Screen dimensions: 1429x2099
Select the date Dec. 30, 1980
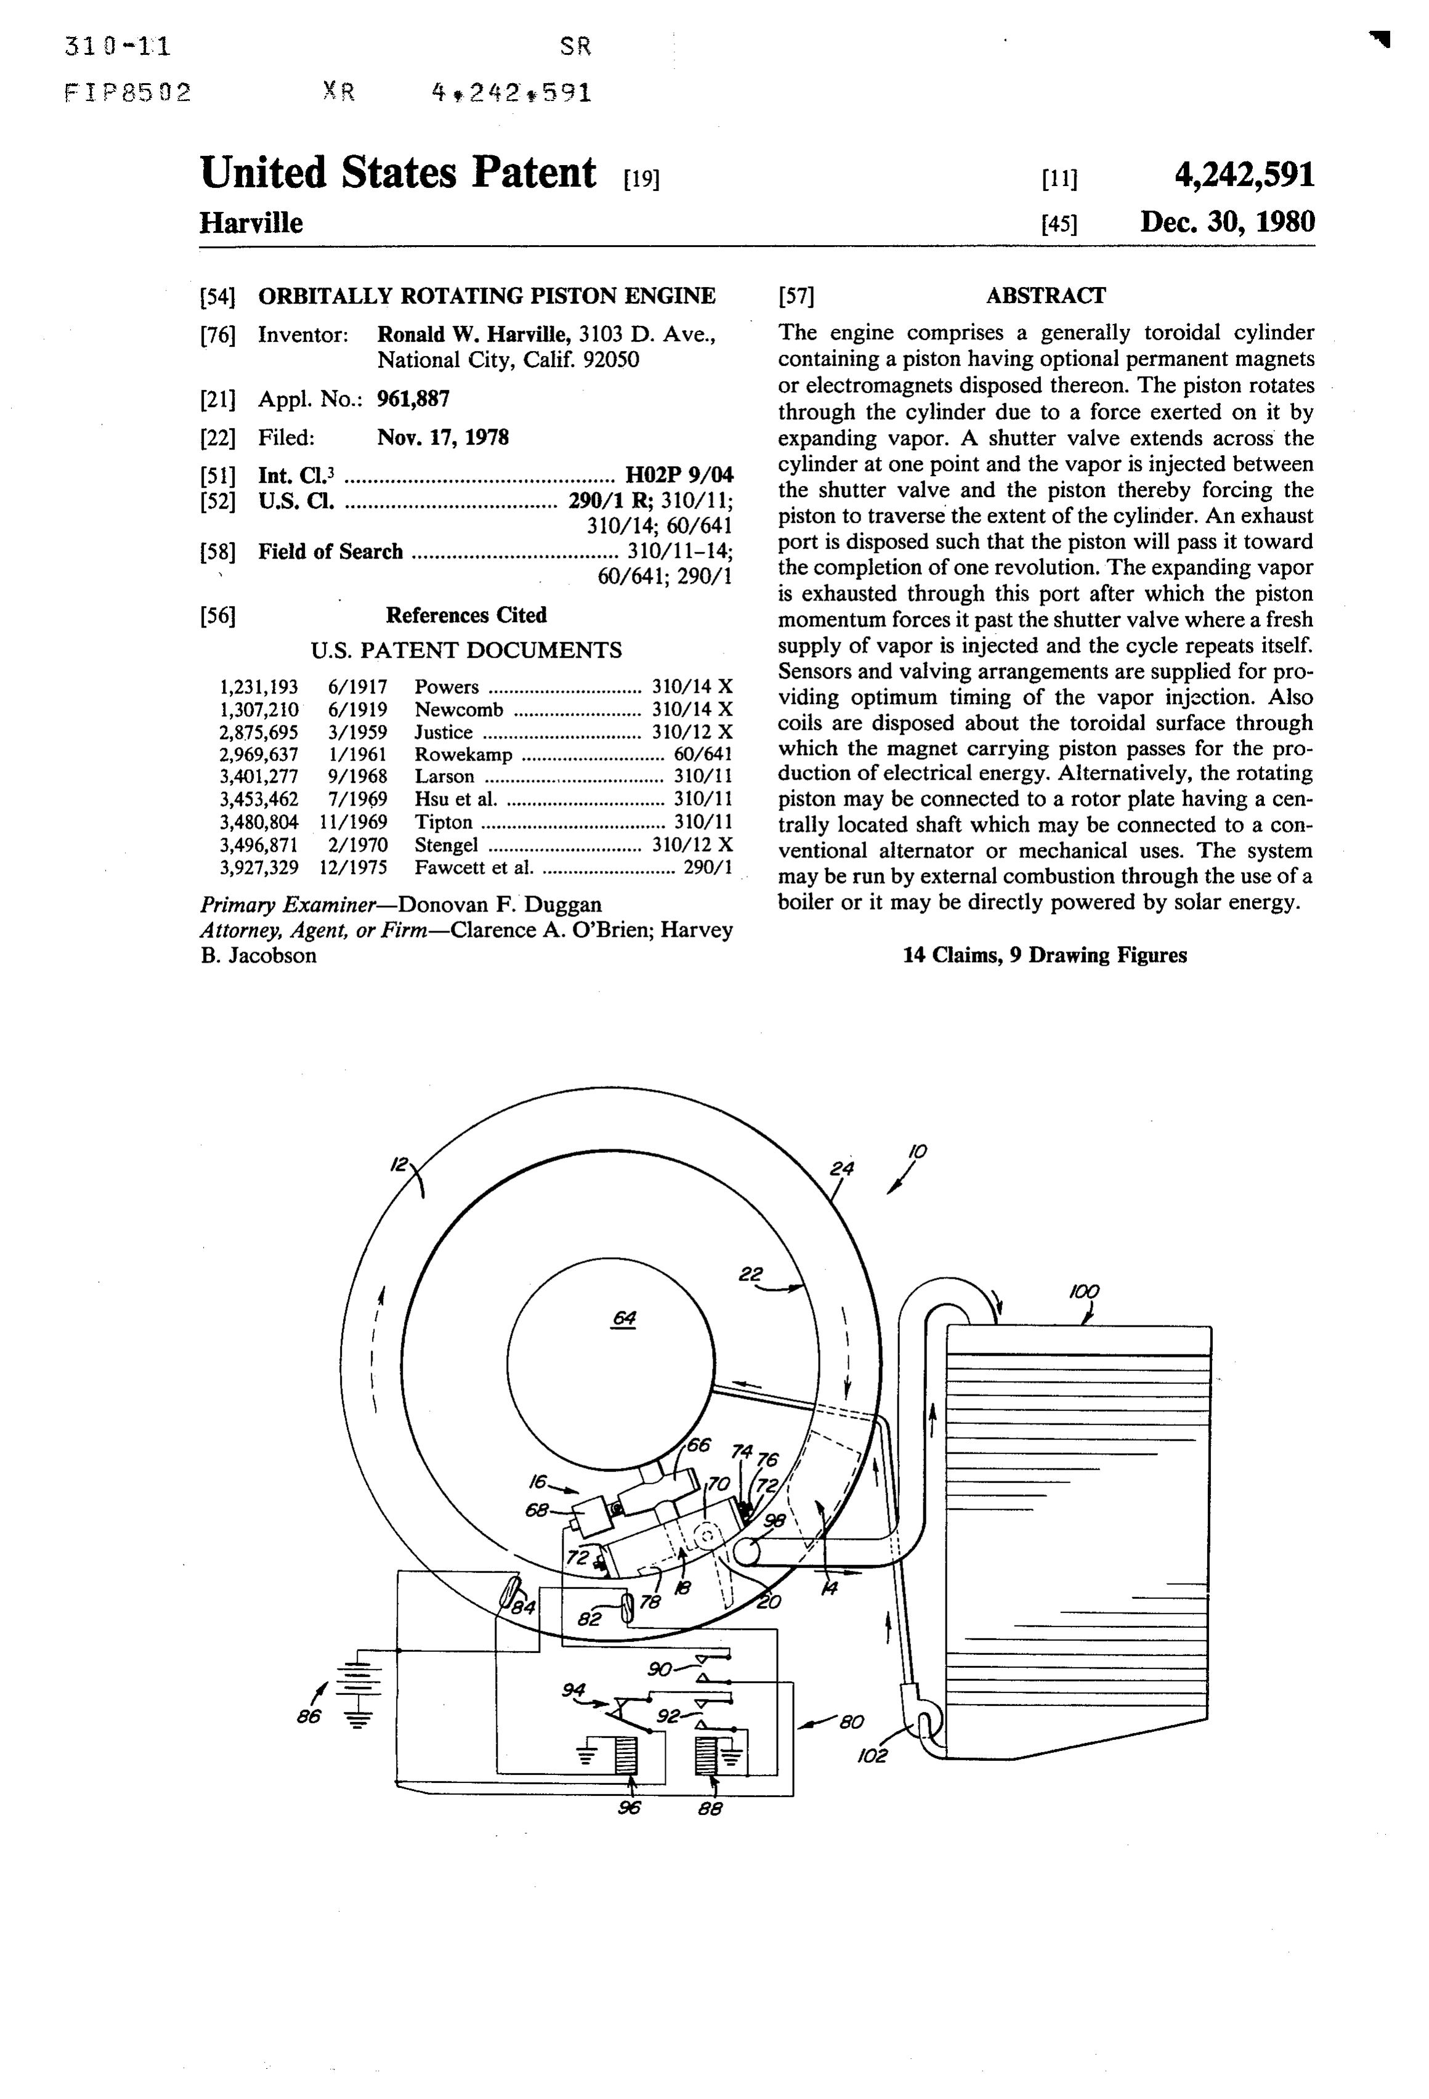(1227, 222)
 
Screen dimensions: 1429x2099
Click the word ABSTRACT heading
(1045, 296)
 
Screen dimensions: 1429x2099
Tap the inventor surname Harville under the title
(251, 223)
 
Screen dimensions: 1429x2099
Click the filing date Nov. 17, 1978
(443, 438)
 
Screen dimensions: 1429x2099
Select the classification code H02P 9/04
(679, 475)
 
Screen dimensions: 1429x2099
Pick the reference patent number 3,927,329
(259, 868)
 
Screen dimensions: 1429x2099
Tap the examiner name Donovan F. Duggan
(500, 905)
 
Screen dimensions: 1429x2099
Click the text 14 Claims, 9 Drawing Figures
(1045, 955)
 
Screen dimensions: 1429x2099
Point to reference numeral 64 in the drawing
(624, 1318)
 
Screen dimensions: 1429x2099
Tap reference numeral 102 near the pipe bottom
(873, 1757)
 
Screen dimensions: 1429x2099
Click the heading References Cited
(466, 615)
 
